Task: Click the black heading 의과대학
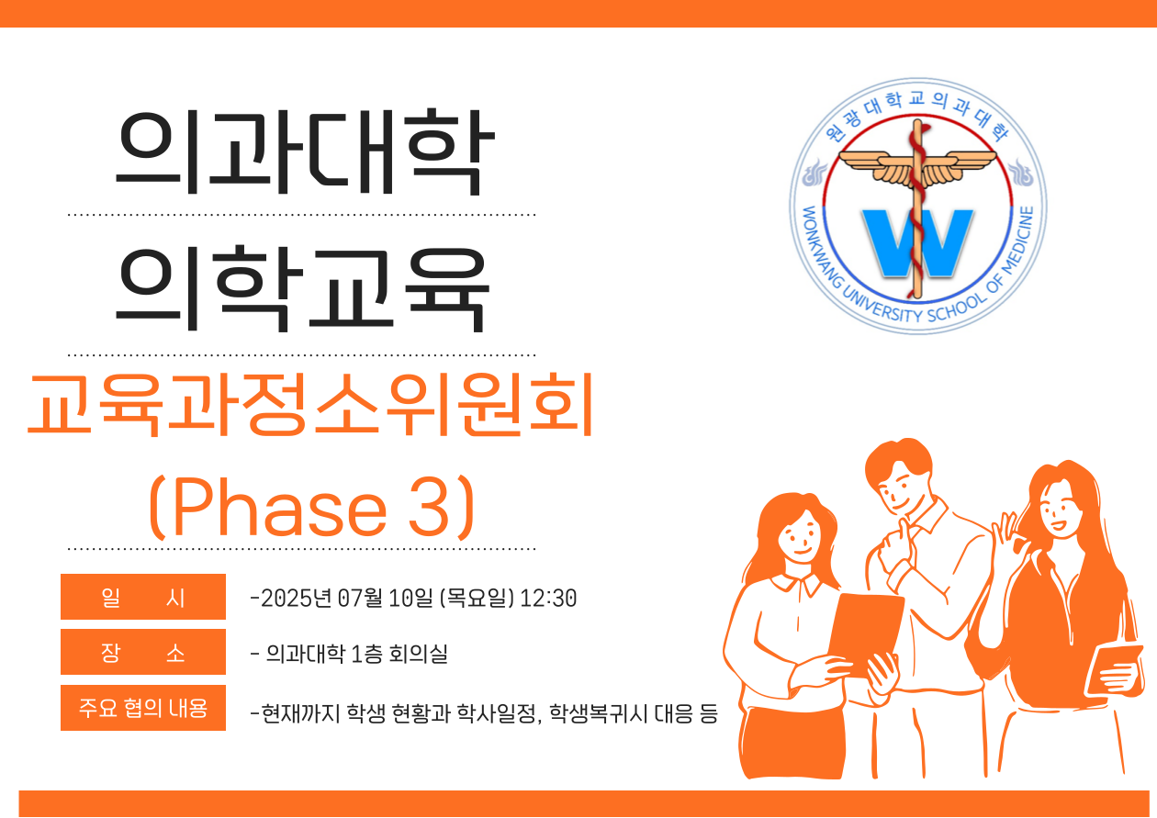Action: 305,151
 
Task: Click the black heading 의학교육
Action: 303,288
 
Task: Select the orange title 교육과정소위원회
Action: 310,405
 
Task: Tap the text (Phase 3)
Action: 311,509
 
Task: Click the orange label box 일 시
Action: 143,597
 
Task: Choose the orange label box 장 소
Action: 143,652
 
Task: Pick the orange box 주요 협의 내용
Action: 143,708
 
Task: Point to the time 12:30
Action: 548,598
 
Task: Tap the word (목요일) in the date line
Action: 477,598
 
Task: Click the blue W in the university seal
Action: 916,242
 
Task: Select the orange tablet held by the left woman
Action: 866,634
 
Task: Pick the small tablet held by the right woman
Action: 1115,669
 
